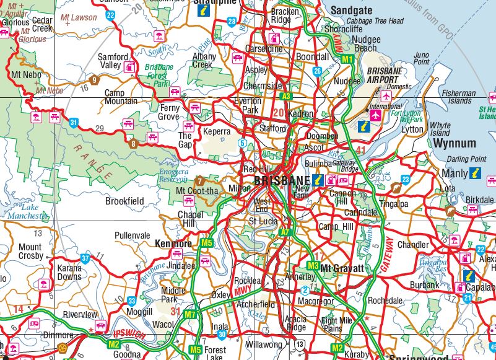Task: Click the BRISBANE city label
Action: click(281, 182)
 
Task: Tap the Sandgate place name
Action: click(351, 11)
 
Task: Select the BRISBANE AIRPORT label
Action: click(388, 76)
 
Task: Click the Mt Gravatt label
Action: click(341, 268)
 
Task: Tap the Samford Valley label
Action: click(113, 61)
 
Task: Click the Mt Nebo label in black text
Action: click(25, 75)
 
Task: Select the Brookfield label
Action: click(124, 201)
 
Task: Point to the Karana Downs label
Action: click(69, 272)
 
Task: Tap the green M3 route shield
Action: click(313, 266)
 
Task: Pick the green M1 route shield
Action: click(347, 59)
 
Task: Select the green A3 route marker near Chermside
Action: click(285, 96)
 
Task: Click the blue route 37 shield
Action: click(85, 258)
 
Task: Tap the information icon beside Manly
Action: click(476, 173)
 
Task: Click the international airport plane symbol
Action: click(375, 115)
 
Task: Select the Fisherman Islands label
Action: click(459, 97)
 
